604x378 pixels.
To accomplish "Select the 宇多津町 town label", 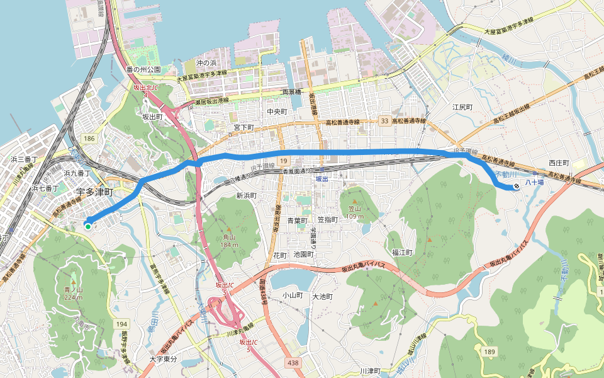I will point(94,191).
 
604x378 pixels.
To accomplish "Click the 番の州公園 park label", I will point(143,69).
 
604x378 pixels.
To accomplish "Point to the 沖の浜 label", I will point(206,64).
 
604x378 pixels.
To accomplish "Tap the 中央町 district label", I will point(277,112).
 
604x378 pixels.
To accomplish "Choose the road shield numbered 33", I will point(384,121).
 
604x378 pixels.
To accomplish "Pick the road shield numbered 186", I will point(88,137).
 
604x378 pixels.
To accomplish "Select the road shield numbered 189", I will point(490,350).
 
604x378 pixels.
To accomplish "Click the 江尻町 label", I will point(462,107).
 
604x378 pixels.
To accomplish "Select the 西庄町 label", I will point(558,163).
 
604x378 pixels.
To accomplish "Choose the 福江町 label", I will point(401,252).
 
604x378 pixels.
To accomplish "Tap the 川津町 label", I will point(371,371).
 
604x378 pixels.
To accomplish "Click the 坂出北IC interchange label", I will point(145,91).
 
